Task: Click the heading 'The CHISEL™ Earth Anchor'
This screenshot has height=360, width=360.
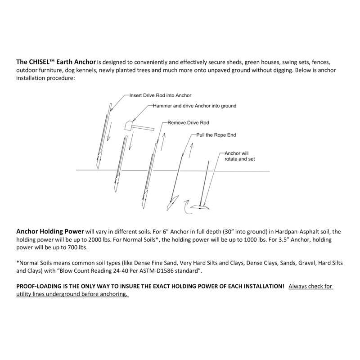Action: point(56,62)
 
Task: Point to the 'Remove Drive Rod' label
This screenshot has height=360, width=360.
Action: point(188,122)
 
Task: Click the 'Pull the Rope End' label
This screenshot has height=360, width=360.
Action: point(216,135)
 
